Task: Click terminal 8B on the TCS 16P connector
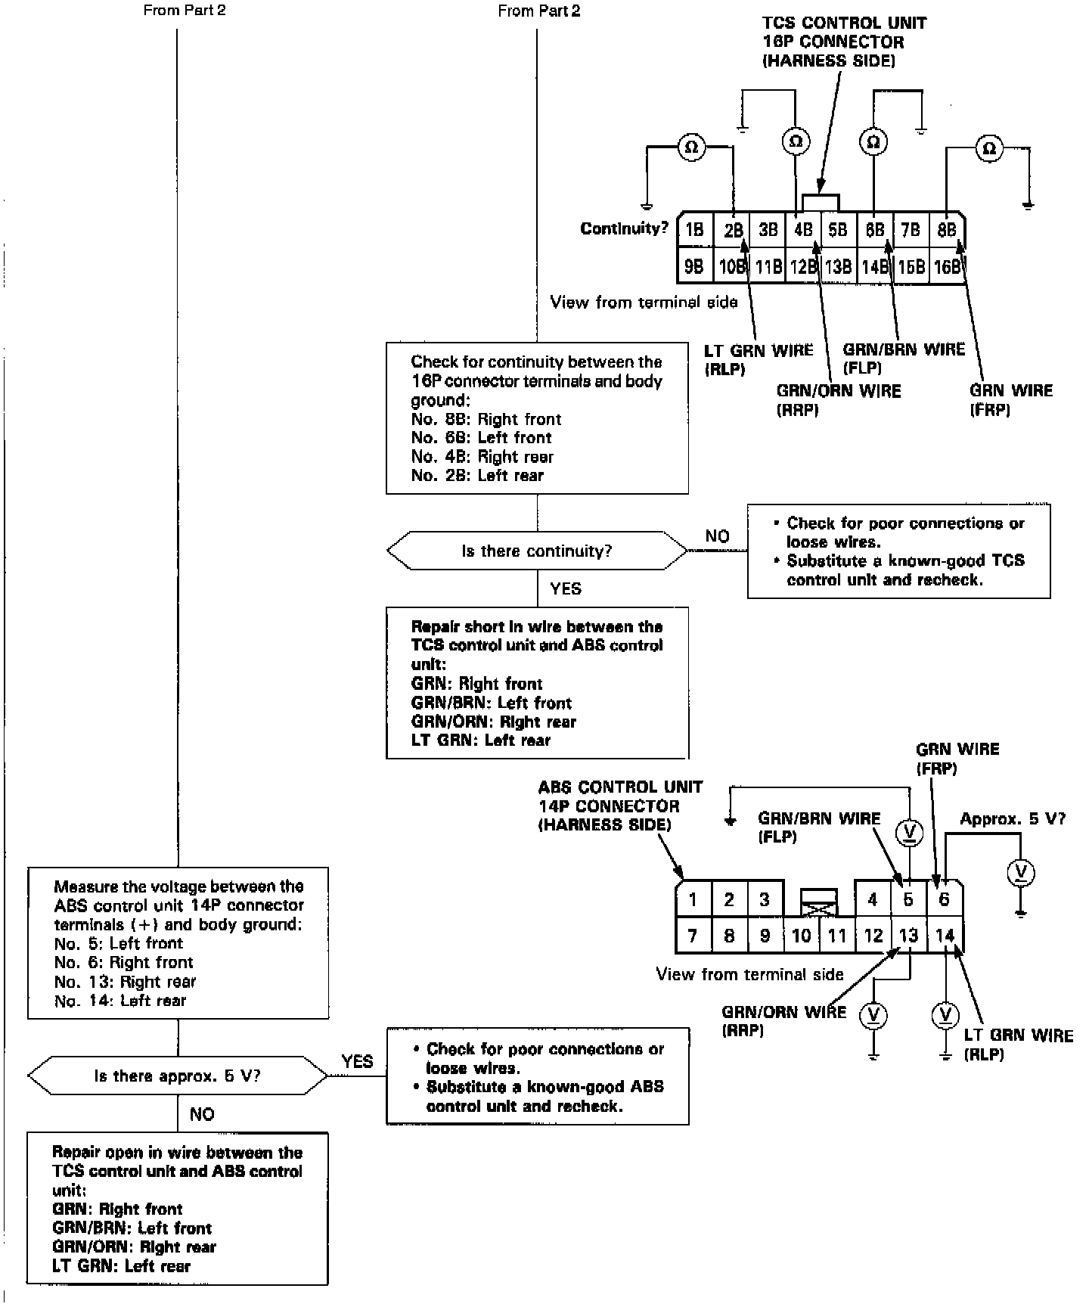(x=947, y=230)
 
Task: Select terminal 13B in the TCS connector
(x=838, y=267)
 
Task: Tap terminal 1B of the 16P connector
(x=694, y=230)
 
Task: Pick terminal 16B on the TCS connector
(x=947, y=267)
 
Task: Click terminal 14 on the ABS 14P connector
(x=945, y=936)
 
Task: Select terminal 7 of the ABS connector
(x=693, y=936)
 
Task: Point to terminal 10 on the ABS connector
(x=801, y=936)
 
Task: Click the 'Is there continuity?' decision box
(x=537, y=551)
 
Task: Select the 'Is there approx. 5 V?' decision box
(x=178, y=1076)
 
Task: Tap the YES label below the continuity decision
(x=566, y=588)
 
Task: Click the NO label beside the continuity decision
(x=717, y=536)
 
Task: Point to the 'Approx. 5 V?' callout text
(x=1013, y=819)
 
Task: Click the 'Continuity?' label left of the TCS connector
(x=625, y=228)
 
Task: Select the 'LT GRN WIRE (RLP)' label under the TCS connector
(x=759, y=359)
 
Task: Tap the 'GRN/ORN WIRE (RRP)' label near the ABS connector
(x=783, y=1020)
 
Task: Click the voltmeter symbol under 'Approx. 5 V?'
(x=1021, y=873)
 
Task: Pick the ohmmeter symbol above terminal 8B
(x=988, y=149)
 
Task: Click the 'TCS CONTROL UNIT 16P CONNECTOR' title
(x=843, y=42)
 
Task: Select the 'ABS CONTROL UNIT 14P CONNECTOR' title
(x=620, y=806)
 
